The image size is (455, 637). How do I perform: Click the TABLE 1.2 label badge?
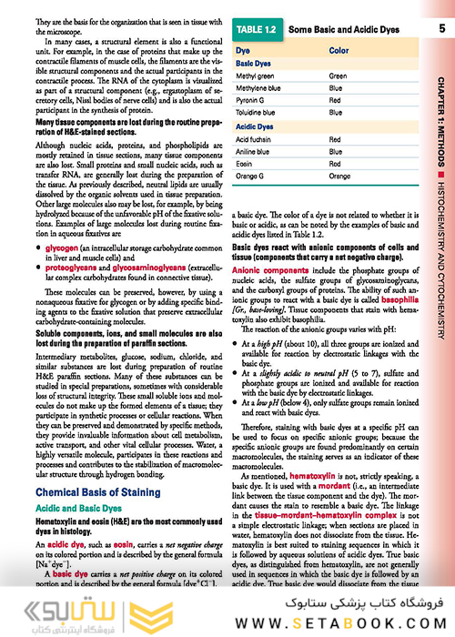pos(259,31)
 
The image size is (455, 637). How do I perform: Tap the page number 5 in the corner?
pos(440,30)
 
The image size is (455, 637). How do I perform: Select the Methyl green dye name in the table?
pos(255,76)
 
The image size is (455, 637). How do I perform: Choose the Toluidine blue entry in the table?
pos(257,112)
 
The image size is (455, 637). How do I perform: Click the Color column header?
pos(339,51)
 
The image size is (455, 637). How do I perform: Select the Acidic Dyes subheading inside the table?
pos(256,126)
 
